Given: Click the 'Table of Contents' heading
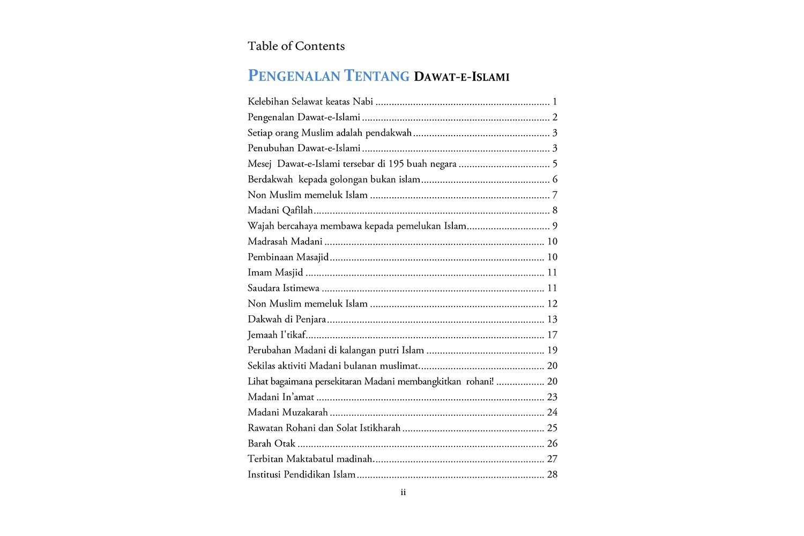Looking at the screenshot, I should point(296,46).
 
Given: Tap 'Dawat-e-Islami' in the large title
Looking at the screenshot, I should point(461,77).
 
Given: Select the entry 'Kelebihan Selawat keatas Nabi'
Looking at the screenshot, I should point(310,101).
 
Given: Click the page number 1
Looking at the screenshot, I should point(555,101).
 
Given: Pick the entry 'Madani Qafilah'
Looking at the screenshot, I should point(280,210).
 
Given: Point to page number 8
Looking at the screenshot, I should point(555,210).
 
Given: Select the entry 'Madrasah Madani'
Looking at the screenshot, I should point(285,241).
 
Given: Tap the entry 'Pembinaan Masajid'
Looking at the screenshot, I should point(288,257).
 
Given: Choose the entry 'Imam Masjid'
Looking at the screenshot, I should point(275,272).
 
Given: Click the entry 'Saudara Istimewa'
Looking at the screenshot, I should point(284,288).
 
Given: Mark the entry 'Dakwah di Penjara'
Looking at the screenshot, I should point(287,319).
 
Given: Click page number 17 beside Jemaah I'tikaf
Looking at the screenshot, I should point(552,334).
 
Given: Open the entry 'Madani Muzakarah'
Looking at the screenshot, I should point(287,412).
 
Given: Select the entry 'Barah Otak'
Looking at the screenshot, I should point(271,443).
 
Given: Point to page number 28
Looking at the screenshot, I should point(552,474).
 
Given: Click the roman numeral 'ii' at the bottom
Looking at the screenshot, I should point(403,492).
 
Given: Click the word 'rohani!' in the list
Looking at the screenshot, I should point(480,381).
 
